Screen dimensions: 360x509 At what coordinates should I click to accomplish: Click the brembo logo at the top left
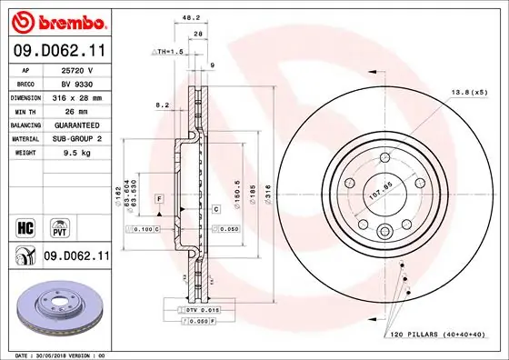pyautogui.click(x=58, y=19)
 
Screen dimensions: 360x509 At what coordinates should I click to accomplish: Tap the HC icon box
pyautogui.click(x=25, y=224)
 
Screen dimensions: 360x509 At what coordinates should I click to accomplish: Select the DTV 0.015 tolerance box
pyautogui.click(x=205, y=311)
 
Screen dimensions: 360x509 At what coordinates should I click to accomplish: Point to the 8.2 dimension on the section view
pyautogui.click(x=163, y=105)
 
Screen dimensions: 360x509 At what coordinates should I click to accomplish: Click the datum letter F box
pyautogui.click(x=159, y=197)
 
